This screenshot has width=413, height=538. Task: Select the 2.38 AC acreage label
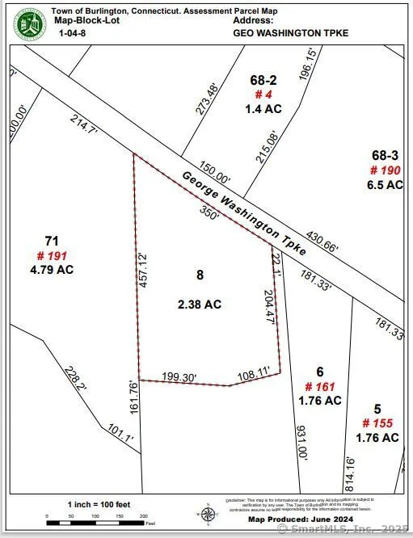(x=200, y=305)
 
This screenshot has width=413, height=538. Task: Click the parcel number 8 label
(x=200, y=275)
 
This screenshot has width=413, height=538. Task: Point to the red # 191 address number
(x=53, y=254)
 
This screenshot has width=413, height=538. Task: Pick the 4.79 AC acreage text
(x=52, y=269)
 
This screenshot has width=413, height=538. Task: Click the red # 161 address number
(x=320, y=386)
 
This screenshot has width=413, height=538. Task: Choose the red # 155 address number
(x=377, y=423)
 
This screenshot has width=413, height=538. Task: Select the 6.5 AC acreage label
(x=386, y=184)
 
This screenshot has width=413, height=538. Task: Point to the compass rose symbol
(x=208, y=513)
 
